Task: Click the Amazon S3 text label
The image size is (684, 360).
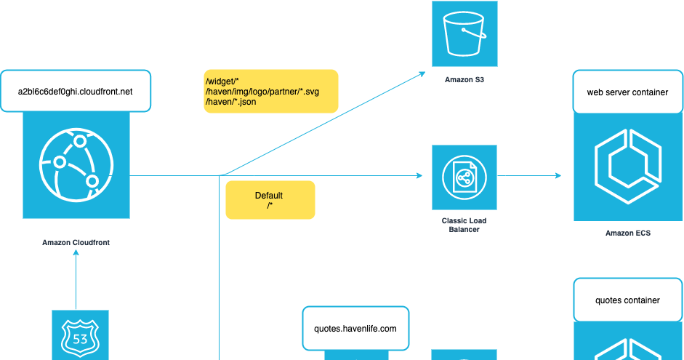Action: pyautogui.click(x=464, y=80)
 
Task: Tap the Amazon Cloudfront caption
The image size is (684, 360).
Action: pyautogui.click(x=76, y=242)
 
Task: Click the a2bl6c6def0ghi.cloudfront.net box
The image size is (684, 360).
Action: pyautogui.click(x=76, y=91)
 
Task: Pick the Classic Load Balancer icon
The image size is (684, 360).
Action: pyautogui.click(x=464, y=177)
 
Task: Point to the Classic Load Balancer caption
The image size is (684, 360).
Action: pyautogui.click(x=464, y=225)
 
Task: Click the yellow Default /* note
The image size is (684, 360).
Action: pyautogui.click(x=270, y=200)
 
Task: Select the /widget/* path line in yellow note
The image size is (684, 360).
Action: pyautogui.click(x=223, y=81)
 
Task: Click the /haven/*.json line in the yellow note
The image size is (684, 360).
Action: pyautogui.click(x=231, y=102)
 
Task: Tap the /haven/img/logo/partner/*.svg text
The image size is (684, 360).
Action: pyautogui.click(x=262, y=92)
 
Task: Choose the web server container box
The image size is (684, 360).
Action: pyautogui.click(x=627, y=92)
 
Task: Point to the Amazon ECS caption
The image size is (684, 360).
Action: pyautogui.click(x=627, y=233)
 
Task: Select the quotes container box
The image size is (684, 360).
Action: pyautogui.click(x=627, y=300)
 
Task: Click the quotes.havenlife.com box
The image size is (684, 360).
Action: pyautogui.click(x=355, y=328)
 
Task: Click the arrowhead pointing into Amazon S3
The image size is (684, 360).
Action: pyautogui.click(x=422, y=73)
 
